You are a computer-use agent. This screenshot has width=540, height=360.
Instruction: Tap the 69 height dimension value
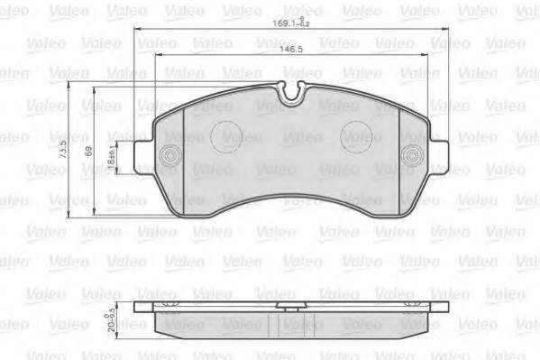pos(87,152)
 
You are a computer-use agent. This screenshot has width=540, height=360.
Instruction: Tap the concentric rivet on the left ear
pos(166,156)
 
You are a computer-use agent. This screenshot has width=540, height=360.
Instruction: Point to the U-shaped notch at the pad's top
pos(291,91)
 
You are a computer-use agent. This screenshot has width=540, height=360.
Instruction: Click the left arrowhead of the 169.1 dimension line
pos(138,32)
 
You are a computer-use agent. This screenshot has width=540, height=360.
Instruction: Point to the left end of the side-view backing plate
pos(136,306)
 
